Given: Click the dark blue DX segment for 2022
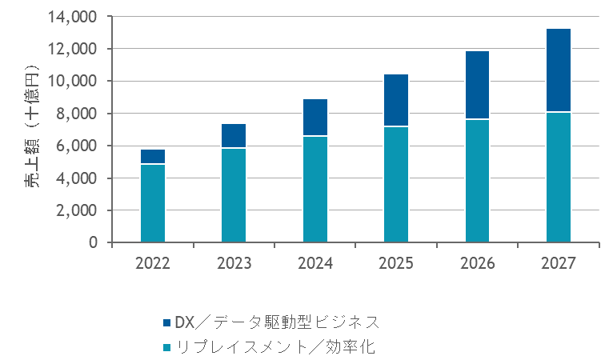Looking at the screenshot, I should [x=152, y=157].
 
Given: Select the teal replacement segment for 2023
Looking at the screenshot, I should [x=234, y=195].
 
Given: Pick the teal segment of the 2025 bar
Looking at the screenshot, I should [x=396, y=184].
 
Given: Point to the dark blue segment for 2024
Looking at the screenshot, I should [x=315, y=118].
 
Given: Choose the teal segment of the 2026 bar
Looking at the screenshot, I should [x=478, y=180].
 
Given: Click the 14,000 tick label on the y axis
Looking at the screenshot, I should [x=74, y=17].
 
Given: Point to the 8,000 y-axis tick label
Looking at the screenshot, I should [x=78, y=114].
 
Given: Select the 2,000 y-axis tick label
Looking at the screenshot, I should [x=78, y=210].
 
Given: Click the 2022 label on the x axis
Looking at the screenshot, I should [x=152, y=263].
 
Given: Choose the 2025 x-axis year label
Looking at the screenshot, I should [x=396, y=263].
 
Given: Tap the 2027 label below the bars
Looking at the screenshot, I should [x=559, y=263].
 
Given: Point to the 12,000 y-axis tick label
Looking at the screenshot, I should [x=74, y=49].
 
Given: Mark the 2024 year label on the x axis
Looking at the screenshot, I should [x=315, y=263].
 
